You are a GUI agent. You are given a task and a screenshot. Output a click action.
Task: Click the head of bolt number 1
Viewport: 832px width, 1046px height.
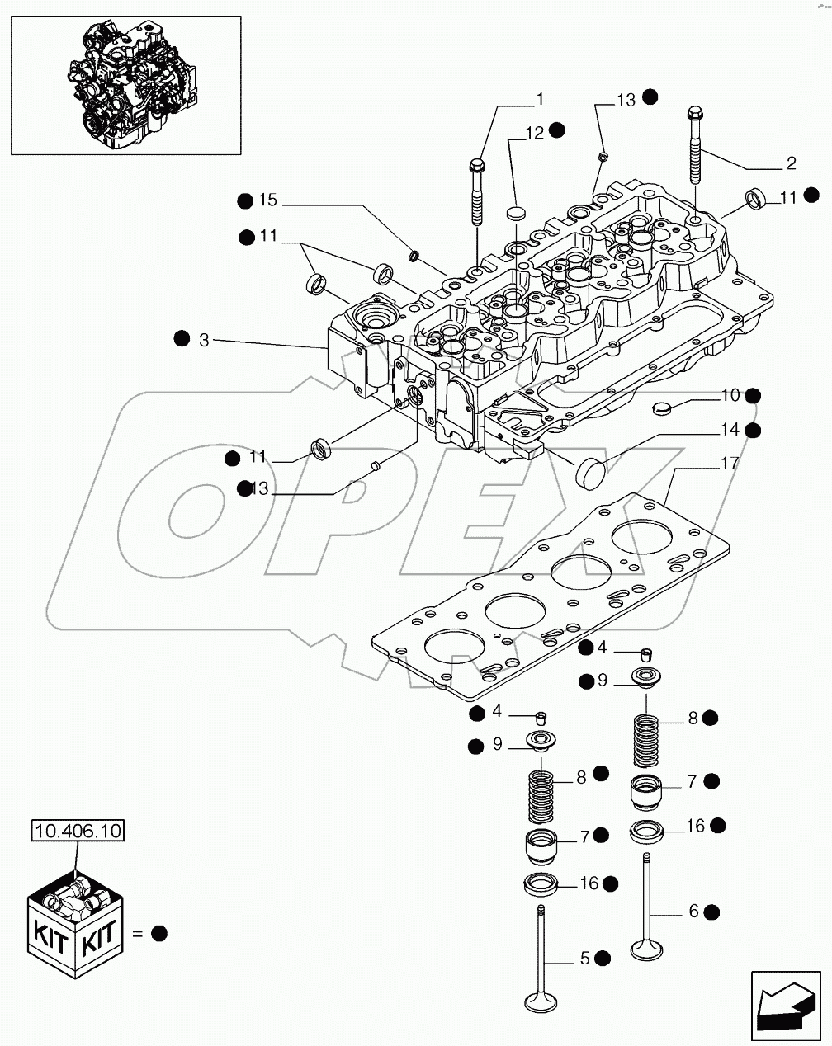click(476, 166)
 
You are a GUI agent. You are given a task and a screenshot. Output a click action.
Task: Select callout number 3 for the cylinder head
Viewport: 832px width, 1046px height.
click(203, 339)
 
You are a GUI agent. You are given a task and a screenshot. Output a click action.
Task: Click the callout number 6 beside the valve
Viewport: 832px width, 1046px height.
click(693, 912)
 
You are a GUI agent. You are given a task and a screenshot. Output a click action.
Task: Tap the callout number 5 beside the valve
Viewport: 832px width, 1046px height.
click(584, 958)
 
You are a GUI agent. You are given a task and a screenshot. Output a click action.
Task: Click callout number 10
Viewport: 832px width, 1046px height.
click(729, 396)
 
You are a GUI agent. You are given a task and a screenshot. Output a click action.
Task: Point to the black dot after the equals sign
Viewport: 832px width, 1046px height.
click(159, 934)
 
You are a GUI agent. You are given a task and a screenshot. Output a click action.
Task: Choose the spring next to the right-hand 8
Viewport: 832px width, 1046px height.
click(647, 739)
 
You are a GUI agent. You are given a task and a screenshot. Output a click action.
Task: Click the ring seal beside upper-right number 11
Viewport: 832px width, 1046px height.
click(757, 198)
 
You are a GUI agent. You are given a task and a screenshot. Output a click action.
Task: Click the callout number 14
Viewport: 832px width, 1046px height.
click(729, 430)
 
